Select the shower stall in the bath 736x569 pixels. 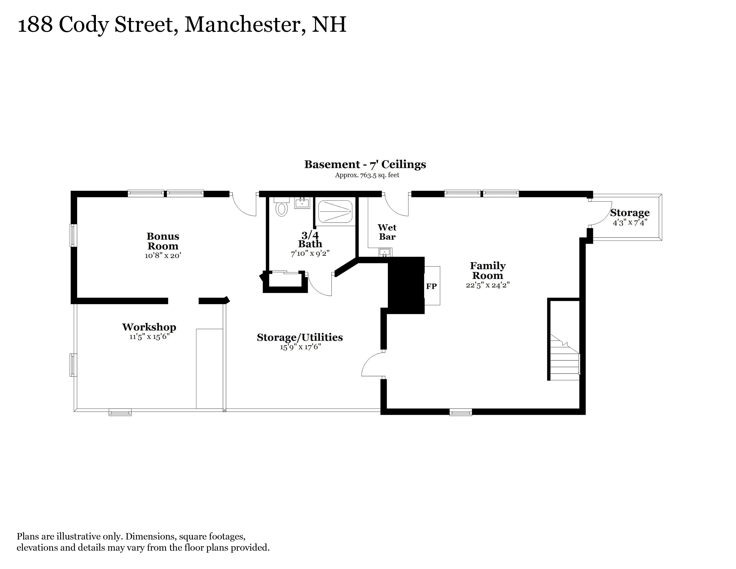pos(335,211)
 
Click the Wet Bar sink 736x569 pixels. pos(385,252)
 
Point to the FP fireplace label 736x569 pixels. pos(431,286)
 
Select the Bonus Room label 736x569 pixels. pos(163,241)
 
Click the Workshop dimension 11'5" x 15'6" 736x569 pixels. pos(149,336)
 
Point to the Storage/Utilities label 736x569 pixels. pos(300,337)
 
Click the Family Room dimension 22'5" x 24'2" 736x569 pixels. pos(488,285)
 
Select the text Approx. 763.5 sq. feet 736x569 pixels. pos(367,175)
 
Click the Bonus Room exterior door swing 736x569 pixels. pos(243,205)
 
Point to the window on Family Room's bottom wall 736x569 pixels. pos(461,412)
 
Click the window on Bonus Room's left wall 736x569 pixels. pos(73,235)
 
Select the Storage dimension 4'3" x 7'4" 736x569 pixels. pos(630,223)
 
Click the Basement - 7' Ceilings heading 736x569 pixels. pos(365,164)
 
